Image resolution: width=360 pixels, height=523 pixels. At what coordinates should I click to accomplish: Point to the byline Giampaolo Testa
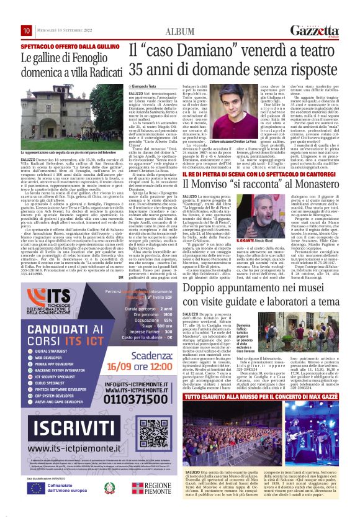pos(145,84)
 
